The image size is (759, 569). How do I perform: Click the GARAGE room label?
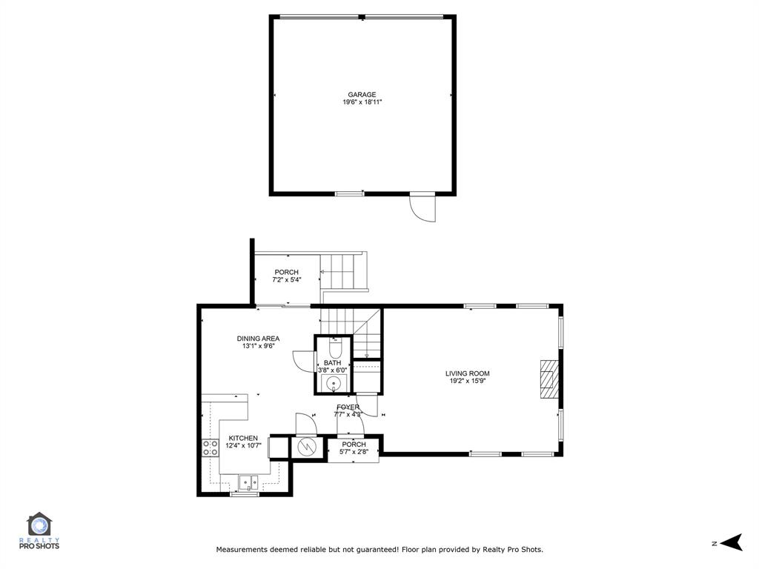click(362, 95)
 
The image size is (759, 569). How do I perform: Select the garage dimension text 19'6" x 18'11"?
click(362, 102)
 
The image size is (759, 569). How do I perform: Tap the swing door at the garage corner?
click(423, 207)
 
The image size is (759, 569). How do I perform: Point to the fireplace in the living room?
click(548, 379)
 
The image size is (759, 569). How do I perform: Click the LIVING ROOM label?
click(467, 373)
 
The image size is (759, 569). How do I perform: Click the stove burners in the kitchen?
click(210, 447)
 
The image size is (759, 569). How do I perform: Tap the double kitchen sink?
click(248, 481)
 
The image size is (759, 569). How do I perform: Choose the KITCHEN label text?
click(243, 438)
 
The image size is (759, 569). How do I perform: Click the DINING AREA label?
click(258, 339)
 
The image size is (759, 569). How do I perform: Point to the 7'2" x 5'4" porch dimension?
click(286, 280)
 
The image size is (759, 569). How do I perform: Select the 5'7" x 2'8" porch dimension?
click(354, 452)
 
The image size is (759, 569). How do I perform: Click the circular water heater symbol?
click(306, 447)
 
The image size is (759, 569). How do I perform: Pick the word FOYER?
click(348, 407)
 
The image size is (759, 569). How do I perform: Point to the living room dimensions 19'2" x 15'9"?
click(467, 382)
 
